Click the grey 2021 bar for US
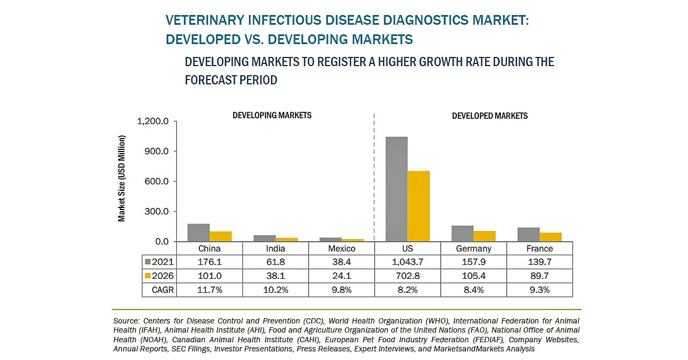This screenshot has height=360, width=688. coord(397,189)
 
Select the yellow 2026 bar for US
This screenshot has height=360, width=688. coord(419,206)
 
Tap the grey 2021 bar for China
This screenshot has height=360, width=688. coord(199,233)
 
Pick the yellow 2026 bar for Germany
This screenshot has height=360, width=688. coord(484,236)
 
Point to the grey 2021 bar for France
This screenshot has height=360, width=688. coord(529,235)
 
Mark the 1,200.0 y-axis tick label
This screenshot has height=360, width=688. coord(154,121)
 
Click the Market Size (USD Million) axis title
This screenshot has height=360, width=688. coord(122,178)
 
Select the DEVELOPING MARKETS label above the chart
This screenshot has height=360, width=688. coord(272,116)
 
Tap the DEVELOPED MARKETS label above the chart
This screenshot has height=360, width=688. coord(490,116)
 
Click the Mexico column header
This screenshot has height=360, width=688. coord(342,249)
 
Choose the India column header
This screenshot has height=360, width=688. coord(276,249)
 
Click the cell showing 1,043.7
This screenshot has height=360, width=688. coord(407,262)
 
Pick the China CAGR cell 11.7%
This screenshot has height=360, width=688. coord(210,290)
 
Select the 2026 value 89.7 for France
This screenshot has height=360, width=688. coord(540,276)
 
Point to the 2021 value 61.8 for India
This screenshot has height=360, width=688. coord(276,262)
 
